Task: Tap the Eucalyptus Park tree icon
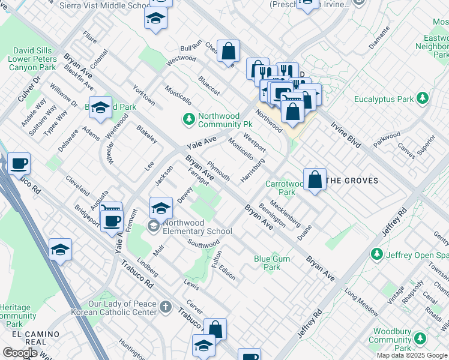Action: [423, 98]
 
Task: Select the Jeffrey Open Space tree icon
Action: [377, 254]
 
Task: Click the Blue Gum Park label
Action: [268, 263]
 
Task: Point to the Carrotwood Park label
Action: [281, 188]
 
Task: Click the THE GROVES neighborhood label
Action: [353, 181]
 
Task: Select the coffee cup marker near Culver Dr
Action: [19, 163]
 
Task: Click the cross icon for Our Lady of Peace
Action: [166, 308]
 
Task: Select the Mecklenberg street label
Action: [286, 214]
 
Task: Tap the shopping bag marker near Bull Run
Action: [228, 51]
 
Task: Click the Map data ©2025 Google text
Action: [412, 355]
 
